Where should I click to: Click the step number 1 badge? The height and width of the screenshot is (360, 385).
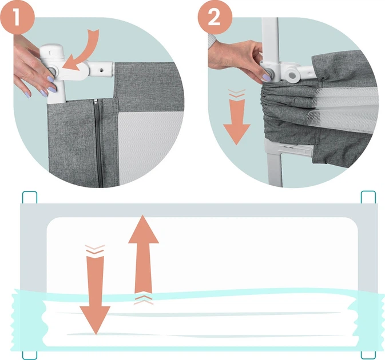click(17, 17)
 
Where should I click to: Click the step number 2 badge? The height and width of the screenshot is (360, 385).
click(215, 17)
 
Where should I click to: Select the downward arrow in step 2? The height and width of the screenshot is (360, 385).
click(236, 122)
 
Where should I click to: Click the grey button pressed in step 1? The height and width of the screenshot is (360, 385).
click(52, 71)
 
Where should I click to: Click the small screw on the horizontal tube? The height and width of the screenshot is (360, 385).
click(101, 70)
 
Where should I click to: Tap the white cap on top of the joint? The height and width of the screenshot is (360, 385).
click(52, 51)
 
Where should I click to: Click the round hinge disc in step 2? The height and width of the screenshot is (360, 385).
click(292, 75)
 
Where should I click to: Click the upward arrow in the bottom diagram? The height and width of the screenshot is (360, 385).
click(144, 254)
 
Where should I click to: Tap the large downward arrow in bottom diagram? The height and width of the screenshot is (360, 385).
click(96, 295)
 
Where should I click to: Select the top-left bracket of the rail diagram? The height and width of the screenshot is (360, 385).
click(30, 197)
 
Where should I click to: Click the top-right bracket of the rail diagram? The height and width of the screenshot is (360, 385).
click(368, 197)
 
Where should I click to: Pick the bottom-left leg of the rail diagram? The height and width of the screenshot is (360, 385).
click(30, 355)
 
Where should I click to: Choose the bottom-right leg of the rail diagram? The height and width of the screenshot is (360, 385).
click(368, 355)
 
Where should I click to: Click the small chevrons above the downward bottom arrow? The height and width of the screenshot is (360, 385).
click(95, 249)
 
